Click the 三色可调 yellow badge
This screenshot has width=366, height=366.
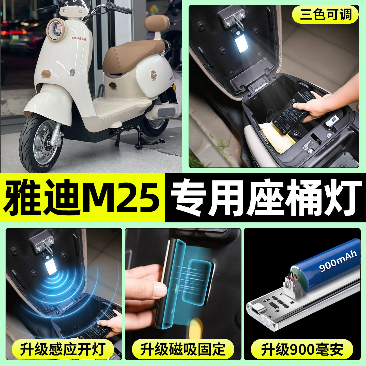pos(325,14)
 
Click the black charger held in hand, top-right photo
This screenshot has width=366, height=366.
pos(292,112)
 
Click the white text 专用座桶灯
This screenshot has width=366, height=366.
pos(265,197)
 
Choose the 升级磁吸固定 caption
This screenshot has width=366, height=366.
pos(183,349)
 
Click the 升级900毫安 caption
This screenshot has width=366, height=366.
pos(302,349)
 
